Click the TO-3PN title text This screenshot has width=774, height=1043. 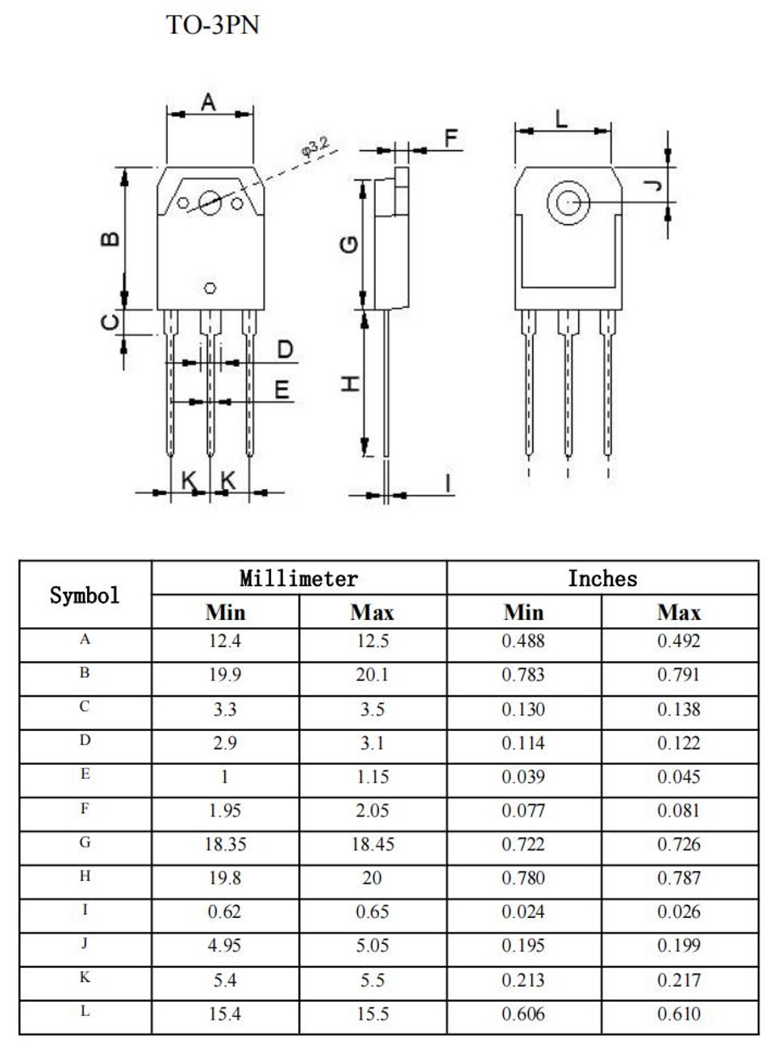tap(213, 25)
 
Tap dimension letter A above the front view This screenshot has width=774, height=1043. tap(209, 102)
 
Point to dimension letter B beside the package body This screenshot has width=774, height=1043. tap(110, 239)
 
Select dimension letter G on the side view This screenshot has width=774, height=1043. tap(349, 244)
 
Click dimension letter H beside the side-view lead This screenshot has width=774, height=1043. tap(351, 384)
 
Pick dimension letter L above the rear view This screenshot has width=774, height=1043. tap(561, 119)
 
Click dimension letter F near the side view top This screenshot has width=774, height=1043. tap(451, 138)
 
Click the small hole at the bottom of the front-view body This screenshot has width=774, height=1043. tap(210, 288)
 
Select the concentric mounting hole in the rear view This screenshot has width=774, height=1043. tap(568, 202)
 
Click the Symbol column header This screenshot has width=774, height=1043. tap(85, 595)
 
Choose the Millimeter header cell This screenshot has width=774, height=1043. tap(299, 578)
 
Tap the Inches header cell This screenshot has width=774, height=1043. tap(603, 578)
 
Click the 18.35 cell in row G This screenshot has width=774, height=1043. tap(226, 844)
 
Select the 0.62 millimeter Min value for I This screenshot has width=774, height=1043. tap(224, 912)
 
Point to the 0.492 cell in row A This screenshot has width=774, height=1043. tap(679, 641)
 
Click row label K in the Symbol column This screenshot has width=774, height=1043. tap(85, 977)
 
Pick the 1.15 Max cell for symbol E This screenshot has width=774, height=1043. tap(372, 776)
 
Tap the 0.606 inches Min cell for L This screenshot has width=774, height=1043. tap(523, 1014)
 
